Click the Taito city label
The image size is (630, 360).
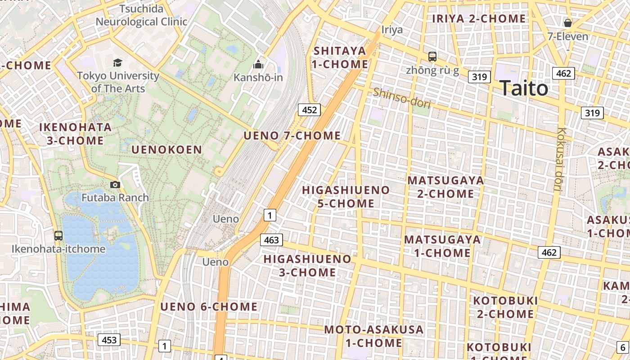(x=524, y=88)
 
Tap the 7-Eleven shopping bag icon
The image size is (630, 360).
(x=568, y=22)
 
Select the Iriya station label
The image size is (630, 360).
(x=392, y=30)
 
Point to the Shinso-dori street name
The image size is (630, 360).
(x=402, y=98)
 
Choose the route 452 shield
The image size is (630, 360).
(x=309, y=110)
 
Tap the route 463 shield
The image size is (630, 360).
(x=271, y=240)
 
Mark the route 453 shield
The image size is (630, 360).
(x=109, y=340)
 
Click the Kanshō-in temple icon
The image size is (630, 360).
(x=258, y=65)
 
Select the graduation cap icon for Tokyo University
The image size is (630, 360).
(x=117, y=63)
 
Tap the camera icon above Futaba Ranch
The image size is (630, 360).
(x=115, y=184)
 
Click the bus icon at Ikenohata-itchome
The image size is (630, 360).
(x=58, y=235)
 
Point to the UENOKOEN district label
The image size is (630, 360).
(x=166, y=150)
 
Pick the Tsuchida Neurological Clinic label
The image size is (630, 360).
(x=141, y=15)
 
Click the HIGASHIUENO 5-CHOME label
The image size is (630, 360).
(x=346, y=197)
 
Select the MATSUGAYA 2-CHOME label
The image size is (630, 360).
(x=445, y=187)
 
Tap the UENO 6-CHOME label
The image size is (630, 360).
(x=209, y=307)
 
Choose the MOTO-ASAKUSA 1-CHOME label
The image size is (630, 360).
(x=374, y=336)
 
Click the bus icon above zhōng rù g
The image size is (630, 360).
(x=432, y=57)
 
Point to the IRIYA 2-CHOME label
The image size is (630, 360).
(x=479, y=18)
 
